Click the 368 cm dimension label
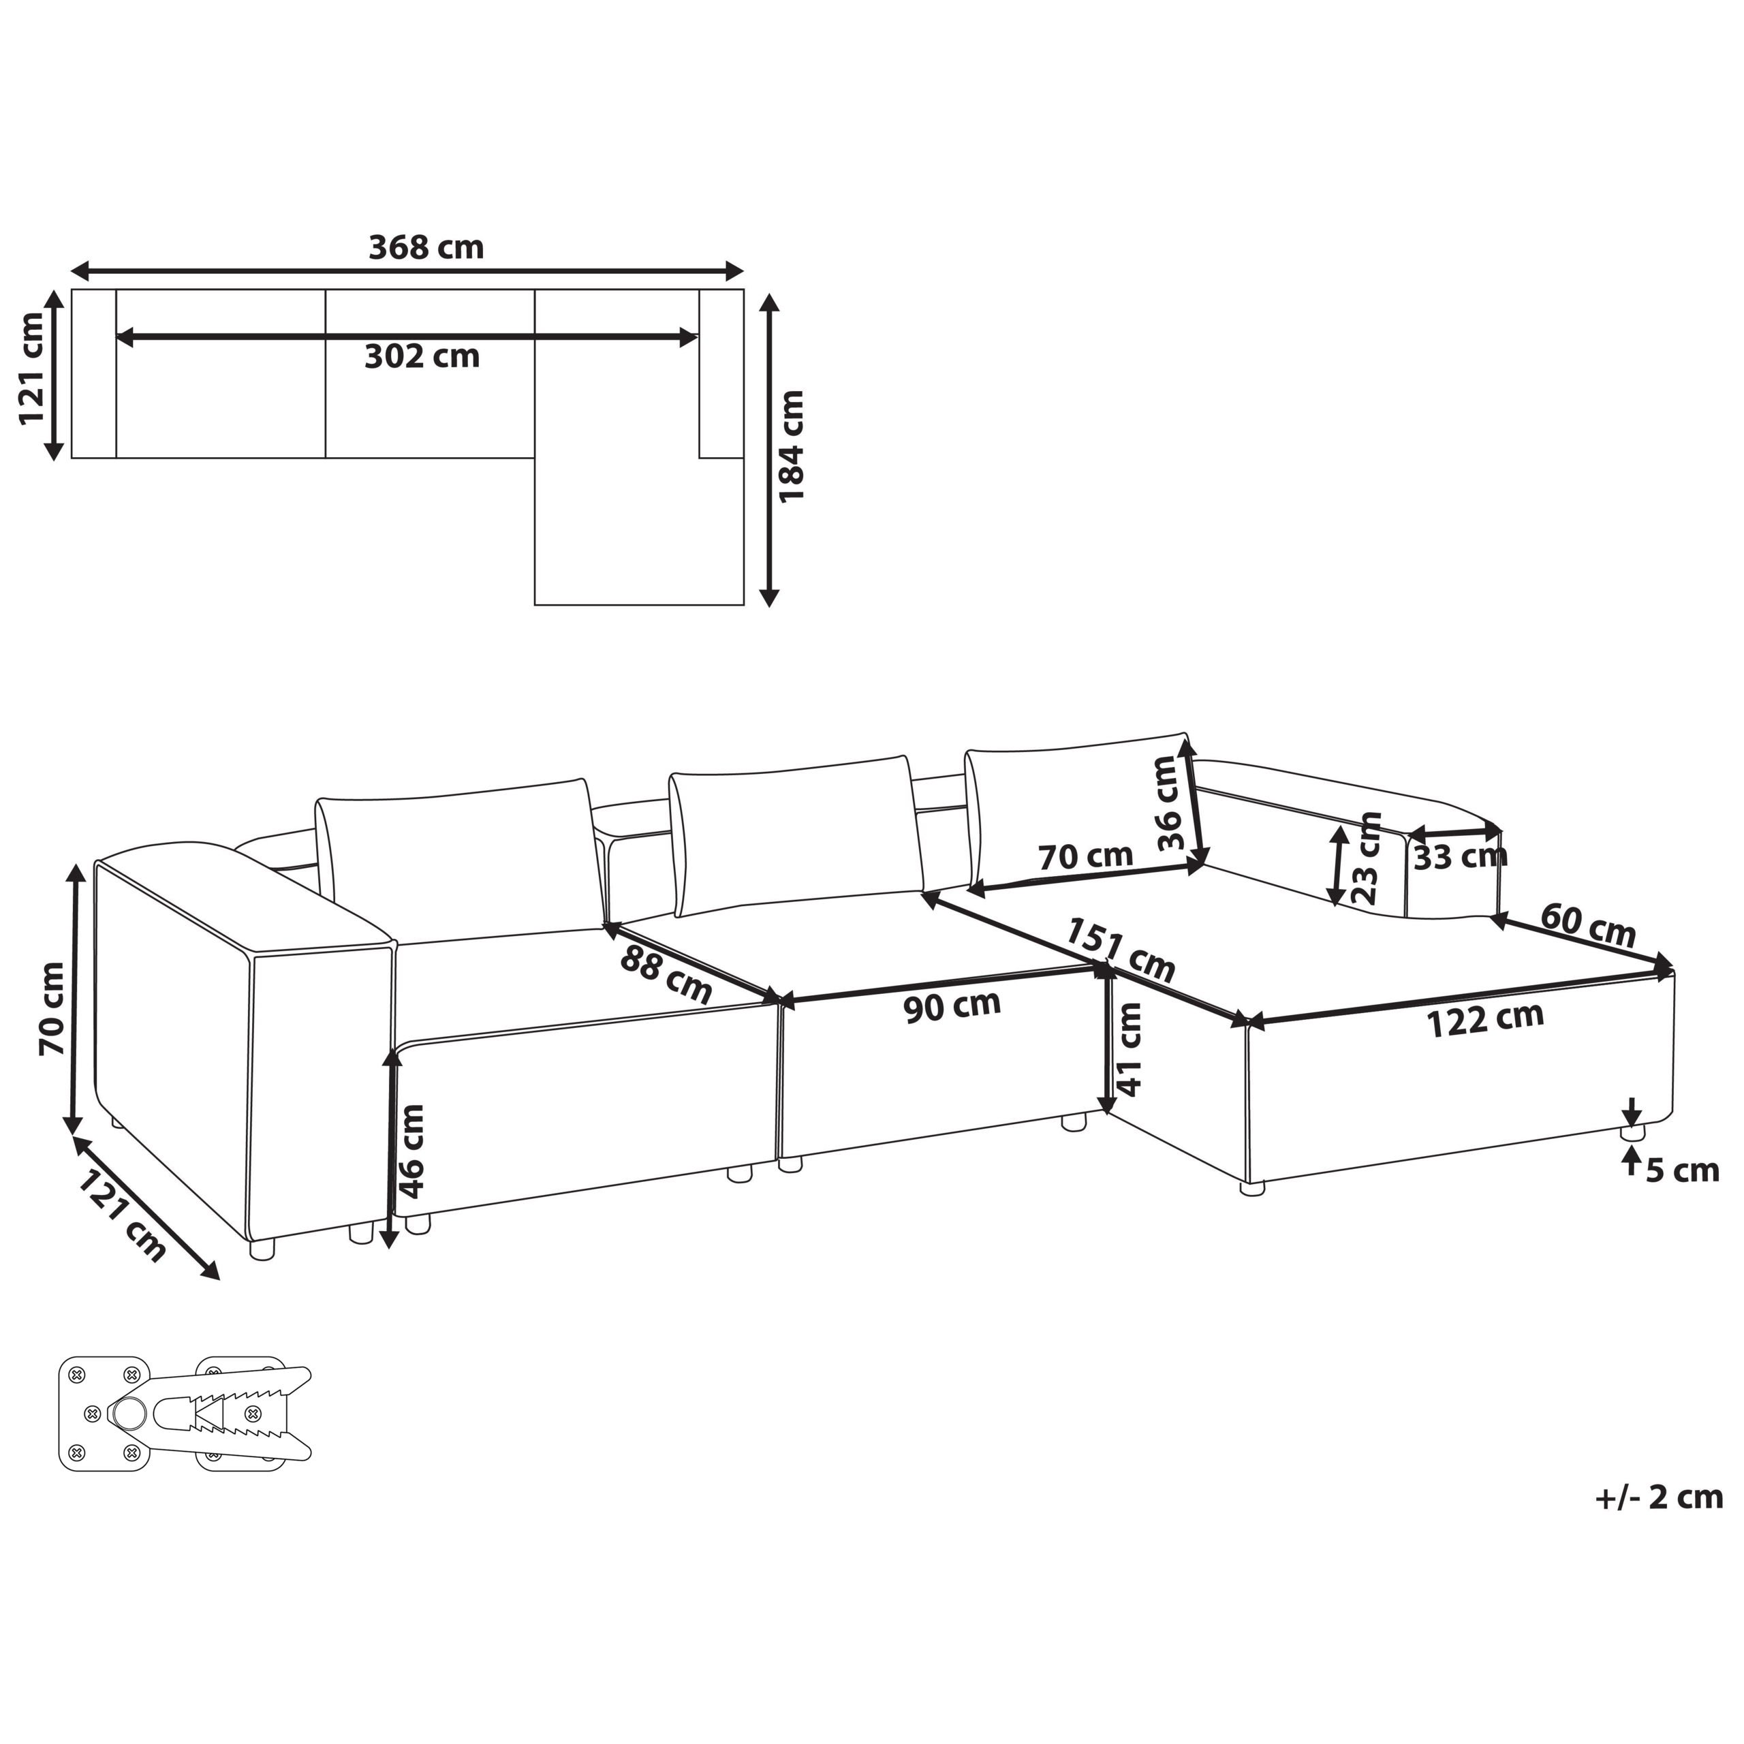[x=426, y=247]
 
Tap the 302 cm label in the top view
[x=422, y=356]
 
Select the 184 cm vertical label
[x=792, y=447]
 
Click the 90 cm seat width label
[x=952, y=1006]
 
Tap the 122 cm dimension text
[x=1485, y=1020]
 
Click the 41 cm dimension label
[x=1130, y=1049]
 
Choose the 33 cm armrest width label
[x=1461, y=856]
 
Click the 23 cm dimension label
[x=1367, y=858]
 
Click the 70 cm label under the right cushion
[x=1085, y=856]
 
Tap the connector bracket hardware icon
[x=185, y=1413]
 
